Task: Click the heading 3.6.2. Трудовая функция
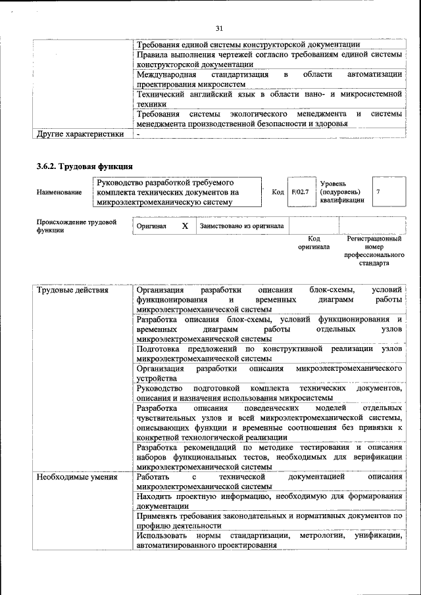tap(85, 166)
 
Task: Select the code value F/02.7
tap(301, 192)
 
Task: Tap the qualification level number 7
tap(379, 192)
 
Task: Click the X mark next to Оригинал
tap(185, 226)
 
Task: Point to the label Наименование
tap(59, 192)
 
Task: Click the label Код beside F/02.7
tap(277, 192)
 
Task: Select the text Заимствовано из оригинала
tap(241, 226)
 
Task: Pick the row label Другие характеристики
tap(80, 134)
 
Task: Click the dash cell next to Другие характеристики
tap(139, 134)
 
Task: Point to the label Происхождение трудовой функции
tap(76, 226)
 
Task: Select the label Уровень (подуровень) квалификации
tap(342, 192)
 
